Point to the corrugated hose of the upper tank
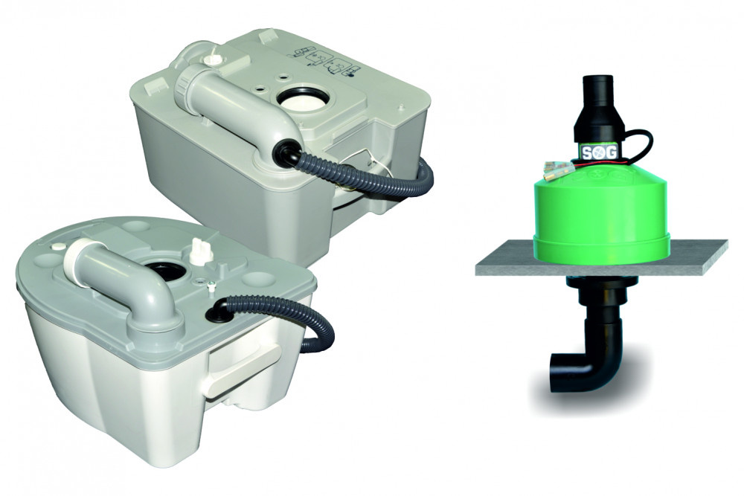(x=372, y=182)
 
